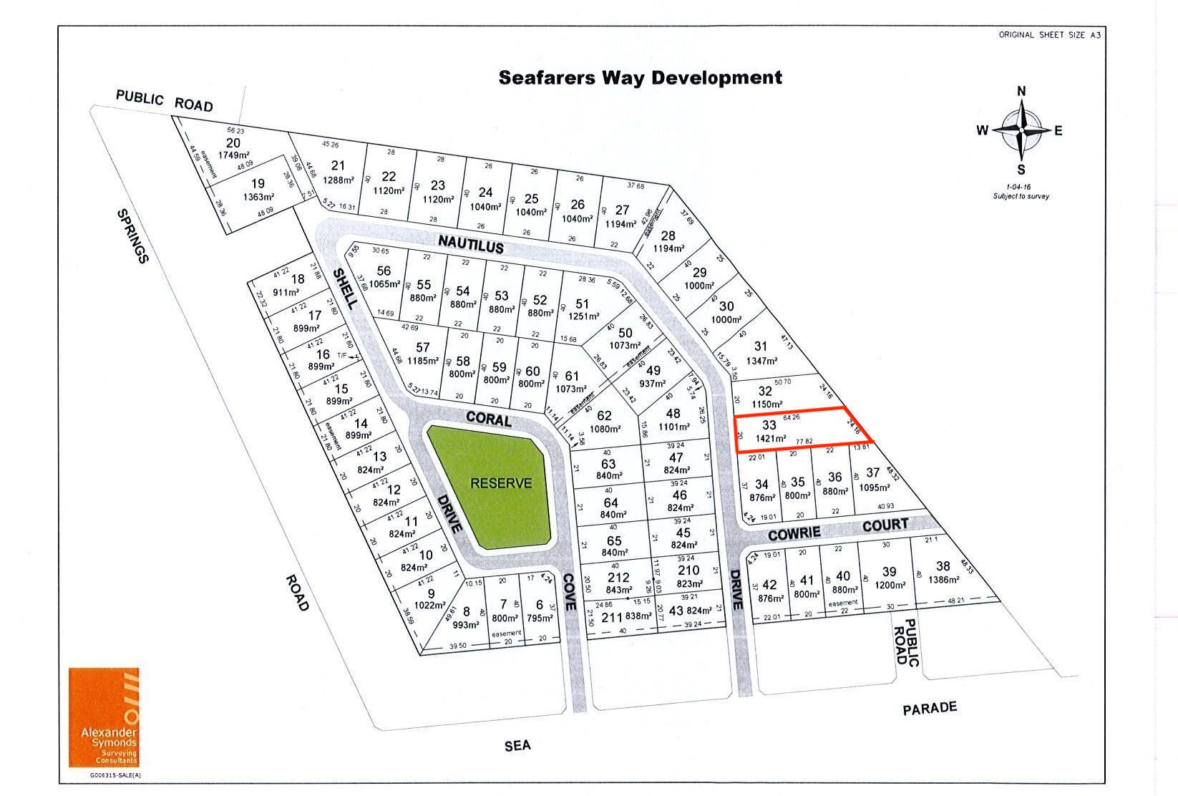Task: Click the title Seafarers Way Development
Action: pyautogui.click(x=640, y=77)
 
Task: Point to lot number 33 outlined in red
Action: pyautogui.click(x=769, y=424)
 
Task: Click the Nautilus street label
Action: pyautogui.click(x=471, y=241)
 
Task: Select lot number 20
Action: pyautogui.click(x=233, y=143)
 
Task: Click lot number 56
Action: pyautogui.click(x=384, y=271)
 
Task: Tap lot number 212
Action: pyautogui.click(x=618, y=578)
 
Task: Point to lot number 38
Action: pyautogui.click(x=943, y=566)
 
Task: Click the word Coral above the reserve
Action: pyautogui.click(x=489, y=418)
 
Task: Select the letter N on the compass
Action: pyautogui.click(x=1021, y=91)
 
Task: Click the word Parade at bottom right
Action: pyautogui.click(x=930, y=709)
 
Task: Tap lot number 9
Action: pyautogui.click(x=431, y=593)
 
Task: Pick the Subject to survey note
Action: pyautogui.click(x=1021, y=196)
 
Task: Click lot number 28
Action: pyautogui.click(x=668, y=236)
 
